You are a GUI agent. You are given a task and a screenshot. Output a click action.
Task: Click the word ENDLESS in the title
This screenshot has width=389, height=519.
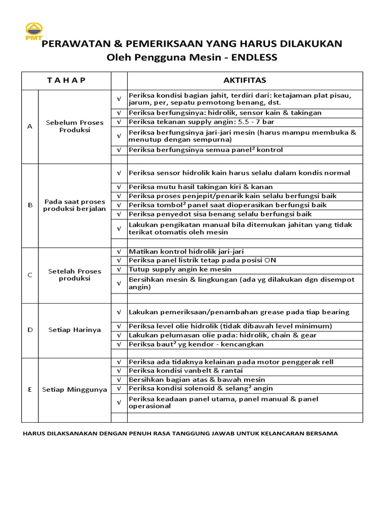[254, 57]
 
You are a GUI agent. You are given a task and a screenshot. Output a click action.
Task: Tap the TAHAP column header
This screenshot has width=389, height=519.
[66, 81]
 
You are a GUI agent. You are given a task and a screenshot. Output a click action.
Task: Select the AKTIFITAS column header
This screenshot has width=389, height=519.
[245, 81]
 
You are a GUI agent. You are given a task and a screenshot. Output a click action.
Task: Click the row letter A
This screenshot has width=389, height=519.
[30, 126]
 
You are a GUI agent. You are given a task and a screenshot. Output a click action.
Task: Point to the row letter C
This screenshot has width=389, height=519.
[30, 275]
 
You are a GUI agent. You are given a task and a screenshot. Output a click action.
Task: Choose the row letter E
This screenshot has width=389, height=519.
[30, 390]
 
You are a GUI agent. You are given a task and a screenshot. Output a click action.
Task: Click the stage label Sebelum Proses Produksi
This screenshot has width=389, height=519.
[74, 126]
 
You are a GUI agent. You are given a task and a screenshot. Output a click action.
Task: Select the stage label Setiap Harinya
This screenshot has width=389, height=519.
[74, 330]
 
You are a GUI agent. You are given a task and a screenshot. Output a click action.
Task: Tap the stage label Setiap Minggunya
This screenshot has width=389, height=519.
[74, 390]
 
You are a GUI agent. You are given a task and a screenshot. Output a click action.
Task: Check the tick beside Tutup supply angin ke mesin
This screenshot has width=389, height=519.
[119, 269]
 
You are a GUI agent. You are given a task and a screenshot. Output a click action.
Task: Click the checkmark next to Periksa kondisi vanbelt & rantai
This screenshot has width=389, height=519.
[119, 371]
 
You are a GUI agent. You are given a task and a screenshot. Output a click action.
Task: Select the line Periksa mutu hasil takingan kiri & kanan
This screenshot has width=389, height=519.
[201, 187]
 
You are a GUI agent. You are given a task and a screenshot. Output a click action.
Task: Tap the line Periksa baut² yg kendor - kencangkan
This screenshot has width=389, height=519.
[196, 344]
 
